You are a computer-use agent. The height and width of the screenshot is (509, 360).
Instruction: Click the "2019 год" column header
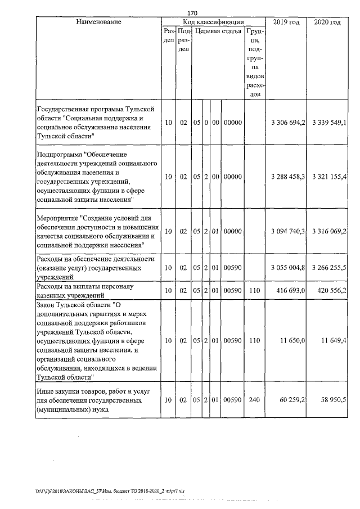click(286, 22)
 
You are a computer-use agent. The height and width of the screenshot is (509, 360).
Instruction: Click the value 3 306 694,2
click(287, 123)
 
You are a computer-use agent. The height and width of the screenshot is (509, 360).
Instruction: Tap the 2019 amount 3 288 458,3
click(287, 177)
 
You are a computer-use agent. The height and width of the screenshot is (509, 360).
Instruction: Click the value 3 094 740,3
click(287, 231)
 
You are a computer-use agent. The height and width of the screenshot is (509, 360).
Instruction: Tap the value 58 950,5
click(335, 400)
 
